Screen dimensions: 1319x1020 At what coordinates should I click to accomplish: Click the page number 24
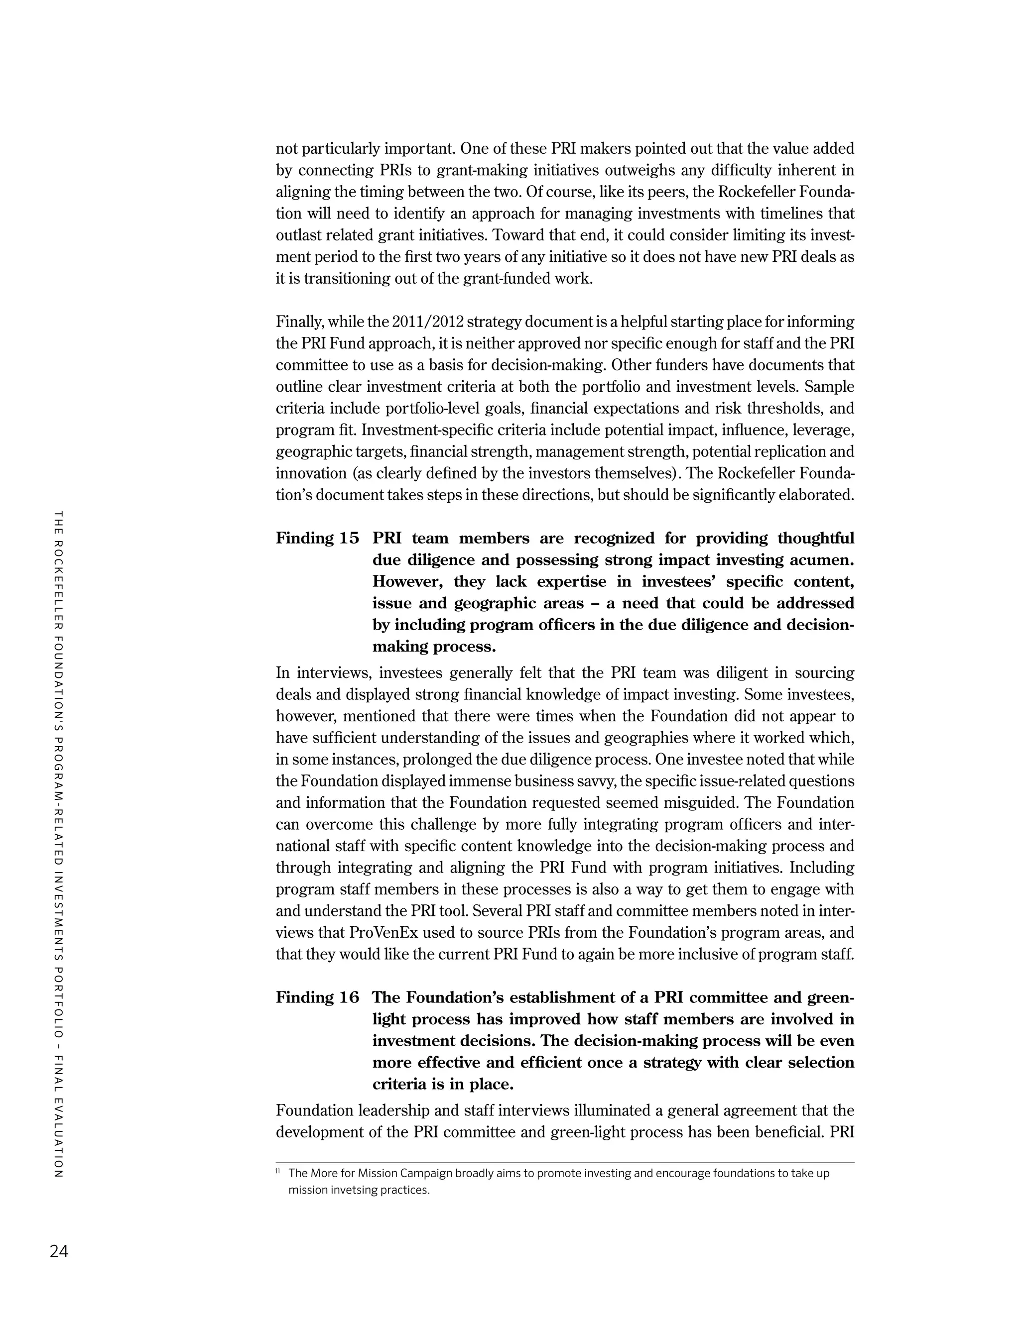(59, 1251)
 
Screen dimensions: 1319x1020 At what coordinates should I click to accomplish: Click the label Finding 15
(317, 538)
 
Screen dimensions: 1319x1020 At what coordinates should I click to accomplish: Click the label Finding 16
(317, 997)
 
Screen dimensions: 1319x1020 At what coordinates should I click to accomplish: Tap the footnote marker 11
(278, 1172)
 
